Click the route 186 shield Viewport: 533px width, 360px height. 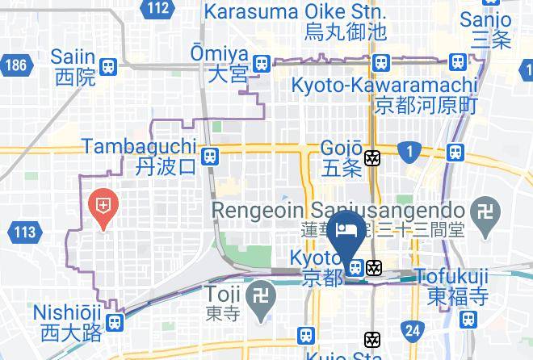tap(15, 65)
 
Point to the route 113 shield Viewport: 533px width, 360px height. tap(25, 233)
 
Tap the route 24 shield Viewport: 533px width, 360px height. tap(413, 329)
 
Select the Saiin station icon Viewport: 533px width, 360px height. tap(108, 66)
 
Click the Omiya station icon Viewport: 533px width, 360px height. tap(260, 63)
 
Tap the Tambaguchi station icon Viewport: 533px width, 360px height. tap(210, 156)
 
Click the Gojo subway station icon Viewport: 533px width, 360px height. tap(372, 158)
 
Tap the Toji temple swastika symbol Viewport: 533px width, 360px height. tap(260, 291)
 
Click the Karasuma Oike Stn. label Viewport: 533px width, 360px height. tap(295, 13)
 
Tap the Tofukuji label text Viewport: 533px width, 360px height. tap(451, 277)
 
